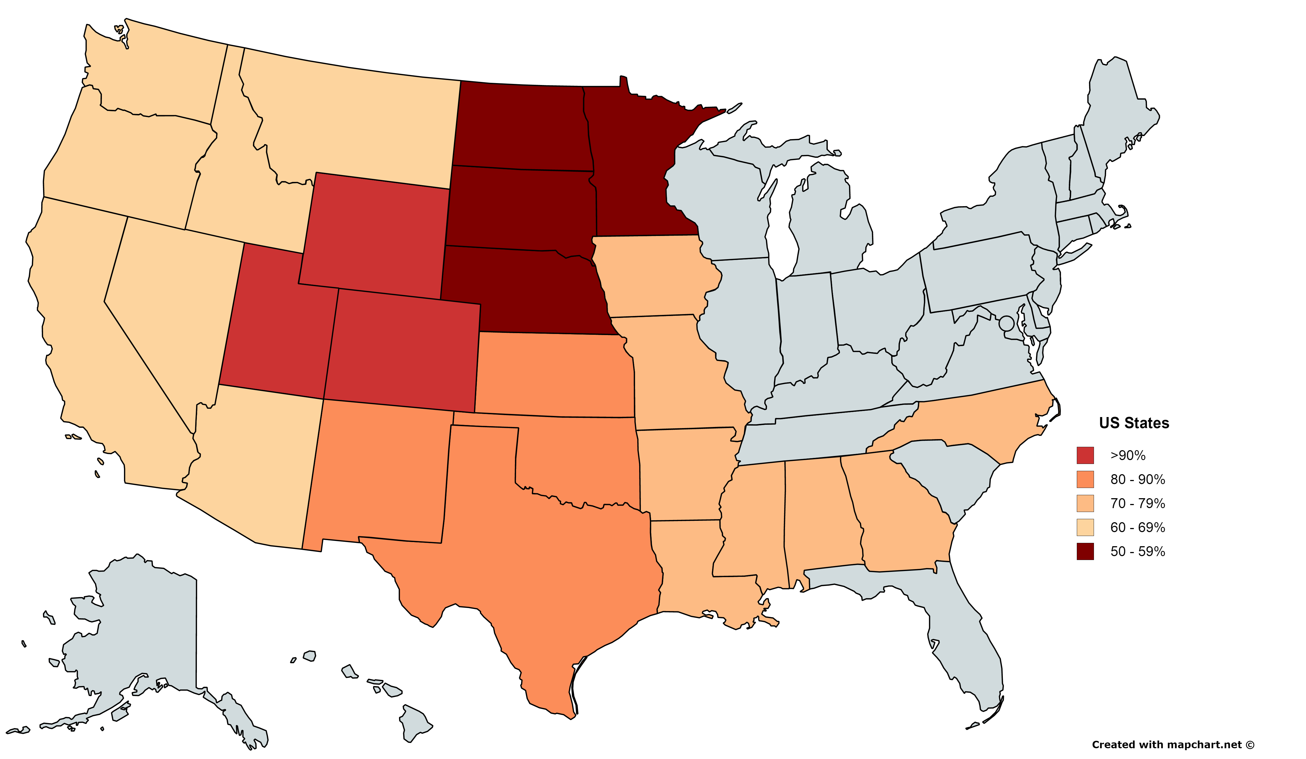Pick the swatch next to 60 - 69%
coord(1085,527)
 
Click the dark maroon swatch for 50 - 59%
coord(1085,551)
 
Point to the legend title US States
coord(1134,423)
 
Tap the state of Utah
coord(275,331)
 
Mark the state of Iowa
coord(653,275)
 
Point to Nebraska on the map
coord(524,290)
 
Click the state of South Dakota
coord(518,207)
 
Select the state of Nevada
coord(171,301)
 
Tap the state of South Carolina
coord(948,471)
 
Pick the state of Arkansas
coord(684,471)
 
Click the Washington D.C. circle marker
coord(1006,323)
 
